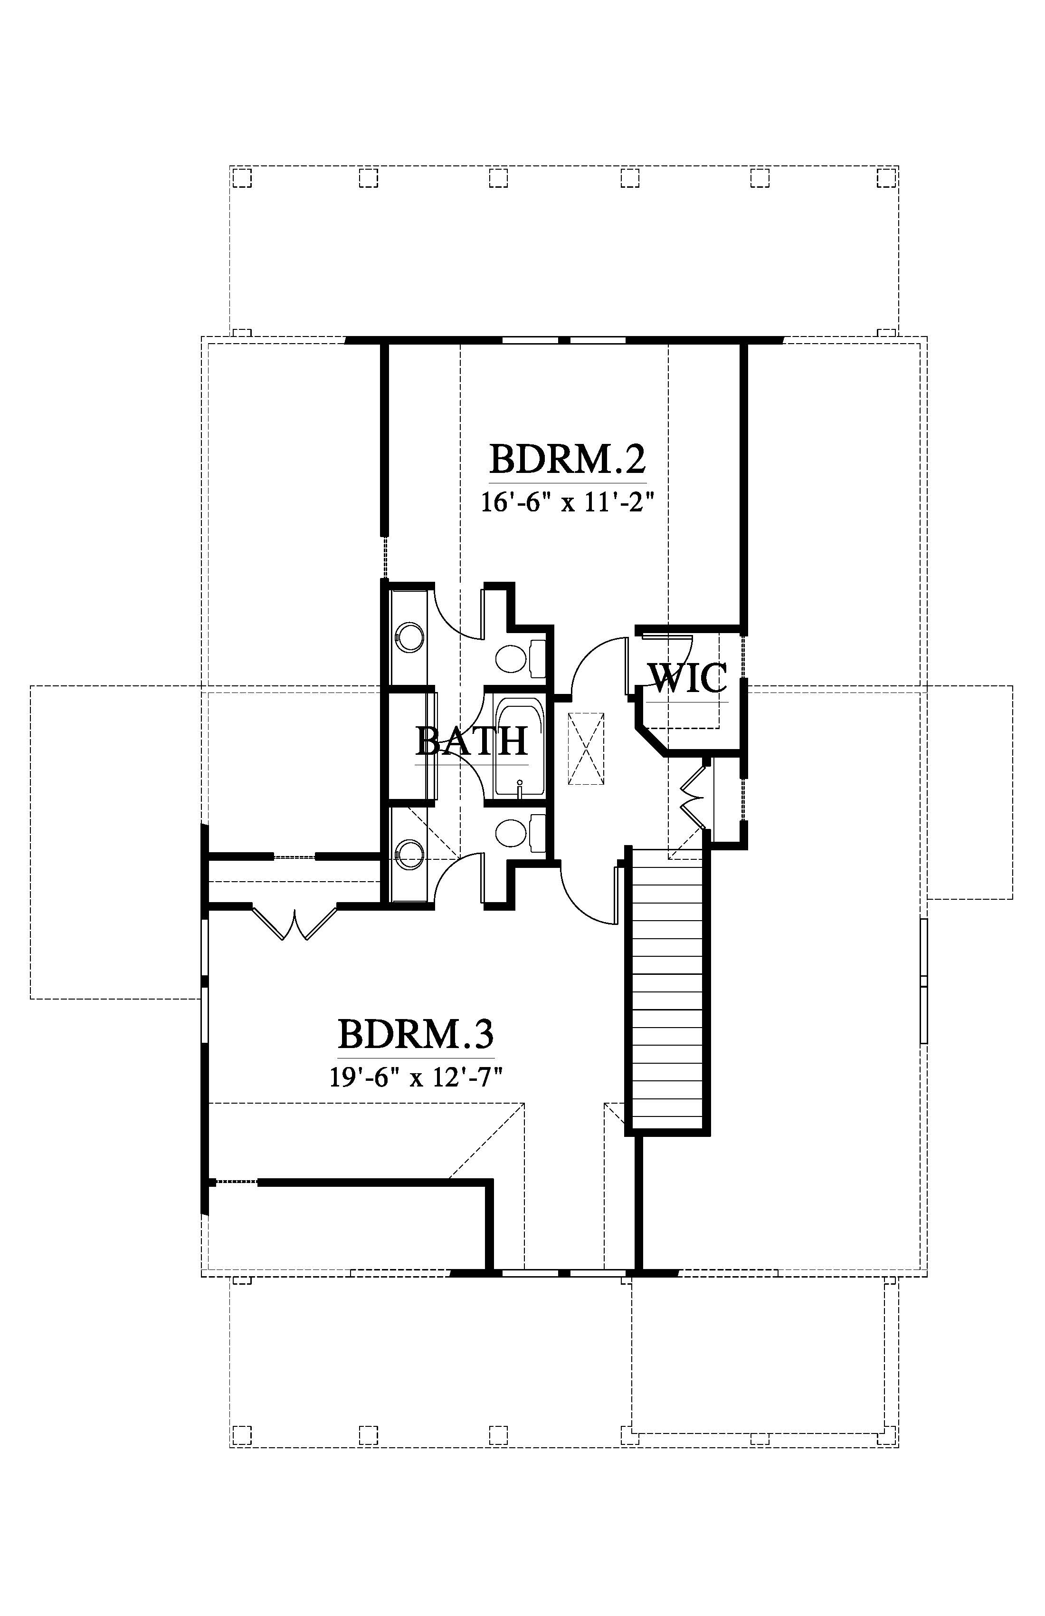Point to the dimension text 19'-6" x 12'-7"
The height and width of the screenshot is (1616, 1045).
coord(415,1077)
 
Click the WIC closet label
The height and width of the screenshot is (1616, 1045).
coord(687,678)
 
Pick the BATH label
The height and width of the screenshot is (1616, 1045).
coord(472,741)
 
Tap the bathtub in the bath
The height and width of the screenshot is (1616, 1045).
coord(519,746)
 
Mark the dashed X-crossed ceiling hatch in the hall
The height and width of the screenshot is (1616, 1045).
coord(586,749)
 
